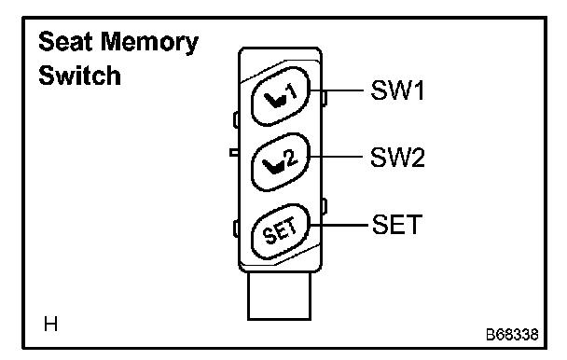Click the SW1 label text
(397, 90)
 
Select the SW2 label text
(397, 157)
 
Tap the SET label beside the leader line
(397, 225)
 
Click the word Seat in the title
(65, 41)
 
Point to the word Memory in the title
(149, 43)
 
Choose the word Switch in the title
(79, 75)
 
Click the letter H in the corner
(50, 324)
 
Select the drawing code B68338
(512, 335)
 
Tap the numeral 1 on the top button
(291, 92)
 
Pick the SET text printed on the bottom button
(280, 231)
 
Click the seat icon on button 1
(274, 100)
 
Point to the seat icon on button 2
(274, 167)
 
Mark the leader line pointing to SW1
(337, 90)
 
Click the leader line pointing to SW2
(336, 157)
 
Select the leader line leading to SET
(339, 225)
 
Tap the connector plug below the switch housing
(279, 297)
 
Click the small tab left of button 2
(234, 152)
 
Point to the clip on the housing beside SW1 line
(325, 99)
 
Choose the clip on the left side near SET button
(236, 228)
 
